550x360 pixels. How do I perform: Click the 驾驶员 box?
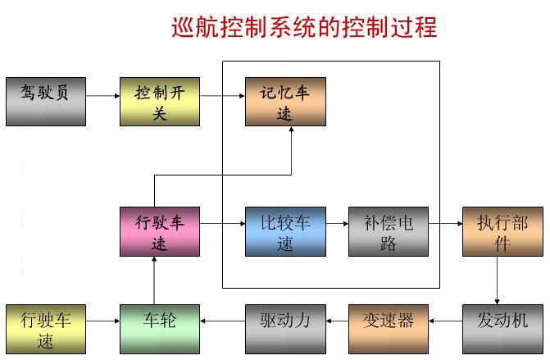tap(46, 102)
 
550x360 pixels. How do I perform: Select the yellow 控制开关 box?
tap(160, 102)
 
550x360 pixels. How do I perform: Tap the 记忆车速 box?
tap(285, 102)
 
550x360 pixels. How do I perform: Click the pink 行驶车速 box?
tap(160, 231)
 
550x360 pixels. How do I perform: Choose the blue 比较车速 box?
tap(285, 231)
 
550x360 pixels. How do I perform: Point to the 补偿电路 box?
tap(388, 231)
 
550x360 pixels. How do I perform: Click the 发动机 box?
tap(502, 329)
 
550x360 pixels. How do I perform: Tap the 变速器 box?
tap(388, 329)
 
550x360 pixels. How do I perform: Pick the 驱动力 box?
tap(285, 329)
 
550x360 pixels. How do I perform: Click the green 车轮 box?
tap(160, 329)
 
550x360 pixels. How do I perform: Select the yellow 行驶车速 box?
tap(46, 329)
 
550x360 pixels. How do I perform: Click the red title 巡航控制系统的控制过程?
tap(304, 27)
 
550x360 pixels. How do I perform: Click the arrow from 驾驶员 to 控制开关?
tap(102, 96)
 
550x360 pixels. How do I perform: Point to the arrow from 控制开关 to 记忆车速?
tap(222, 96)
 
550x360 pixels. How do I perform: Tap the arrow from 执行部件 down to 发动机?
tap(497, 280)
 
